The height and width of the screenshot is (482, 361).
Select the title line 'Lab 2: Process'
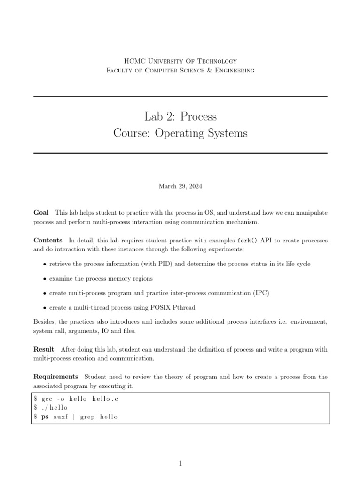(180, 116)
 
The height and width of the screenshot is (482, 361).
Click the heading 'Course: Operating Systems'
(180, 133)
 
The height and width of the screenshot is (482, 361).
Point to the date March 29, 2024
(180, 186)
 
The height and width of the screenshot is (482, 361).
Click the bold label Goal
(41, 213)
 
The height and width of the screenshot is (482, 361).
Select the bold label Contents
(47, 241)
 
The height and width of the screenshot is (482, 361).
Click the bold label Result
(43, 349)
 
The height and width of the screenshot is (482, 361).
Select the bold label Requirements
(55, 377)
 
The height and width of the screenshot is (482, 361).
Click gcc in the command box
(47, 398)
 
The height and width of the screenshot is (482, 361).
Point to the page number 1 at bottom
(180, 464)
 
